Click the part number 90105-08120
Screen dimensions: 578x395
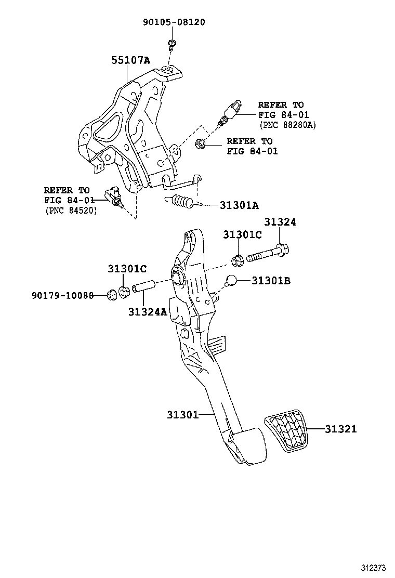click(x=174, y=22)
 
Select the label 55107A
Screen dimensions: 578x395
click(x=130, y=61)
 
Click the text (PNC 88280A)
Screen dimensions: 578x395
click(x=287, y=125)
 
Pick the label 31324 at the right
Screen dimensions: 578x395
click(x=280, y=222)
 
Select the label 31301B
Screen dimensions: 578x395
click(x=271, y=281)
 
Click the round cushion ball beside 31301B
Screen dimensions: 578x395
click(x=232, y=281)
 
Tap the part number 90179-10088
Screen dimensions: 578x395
click(x=62, y=295)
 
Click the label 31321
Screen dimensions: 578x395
click(x=341, y=429)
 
